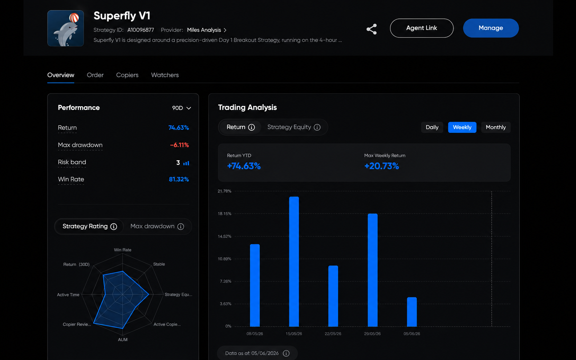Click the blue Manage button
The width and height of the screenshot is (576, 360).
tap(491, 28)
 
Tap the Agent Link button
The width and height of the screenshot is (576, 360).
tap(421, 28)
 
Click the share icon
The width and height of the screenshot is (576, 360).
tap(372, 29)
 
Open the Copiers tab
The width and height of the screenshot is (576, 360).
tap(127, 75)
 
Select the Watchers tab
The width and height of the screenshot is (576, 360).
tap(165, 75)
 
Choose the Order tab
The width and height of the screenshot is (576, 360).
tap(95, 75)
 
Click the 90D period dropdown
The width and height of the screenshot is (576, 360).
tap(182, 108)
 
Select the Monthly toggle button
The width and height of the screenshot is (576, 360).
tap(495, 127)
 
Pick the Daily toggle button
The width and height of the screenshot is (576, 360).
tap(432, 127)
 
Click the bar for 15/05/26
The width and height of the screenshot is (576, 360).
tap(294, 262)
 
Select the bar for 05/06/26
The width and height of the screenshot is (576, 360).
tap(412, 312)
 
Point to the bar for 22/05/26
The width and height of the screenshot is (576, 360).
tap(333, 296)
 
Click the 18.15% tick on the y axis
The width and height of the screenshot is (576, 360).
tap(224, 214)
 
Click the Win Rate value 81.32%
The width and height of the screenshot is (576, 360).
tap(179, 179)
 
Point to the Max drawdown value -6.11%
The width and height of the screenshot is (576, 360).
tap(179, 145)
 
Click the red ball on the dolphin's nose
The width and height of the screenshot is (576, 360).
tap(74, 18)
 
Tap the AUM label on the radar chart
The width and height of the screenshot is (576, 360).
tap(123, 340)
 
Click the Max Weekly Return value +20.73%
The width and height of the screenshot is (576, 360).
tap(381, 166)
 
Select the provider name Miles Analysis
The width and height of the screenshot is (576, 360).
tap(204, 30)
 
